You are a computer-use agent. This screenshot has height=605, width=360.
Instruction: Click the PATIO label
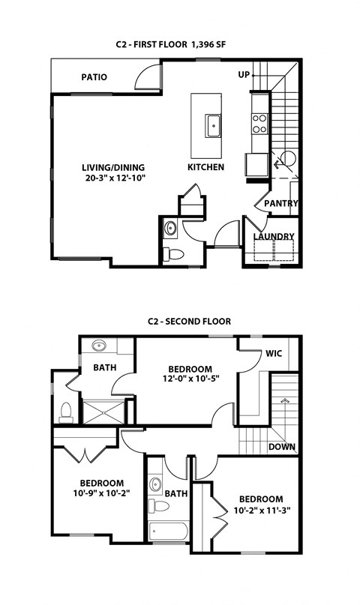coord(94,77)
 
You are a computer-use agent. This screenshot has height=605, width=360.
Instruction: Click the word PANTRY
coord(281,203)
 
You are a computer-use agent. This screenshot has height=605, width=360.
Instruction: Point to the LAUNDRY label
coord(274,237)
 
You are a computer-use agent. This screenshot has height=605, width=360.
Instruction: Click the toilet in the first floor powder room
coord(174,253)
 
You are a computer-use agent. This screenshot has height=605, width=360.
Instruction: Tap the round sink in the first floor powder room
coord(170,228)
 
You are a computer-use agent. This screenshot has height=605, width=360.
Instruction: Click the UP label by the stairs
coord(244,75)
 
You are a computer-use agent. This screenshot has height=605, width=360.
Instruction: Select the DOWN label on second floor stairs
coord(282,448)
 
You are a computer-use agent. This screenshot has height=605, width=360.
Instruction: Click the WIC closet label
coord(273,354)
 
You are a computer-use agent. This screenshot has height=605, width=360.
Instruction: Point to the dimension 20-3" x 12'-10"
coord(114,178)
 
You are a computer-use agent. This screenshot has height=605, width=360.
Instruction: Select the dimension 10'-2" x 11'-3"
coord(261,511)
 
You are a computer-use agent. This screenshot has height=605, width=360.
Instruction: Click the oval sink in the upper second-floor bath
coord(100,346)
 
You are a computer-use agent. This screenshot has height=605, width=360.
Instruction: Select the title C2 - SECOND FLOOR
coord(188,322)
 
